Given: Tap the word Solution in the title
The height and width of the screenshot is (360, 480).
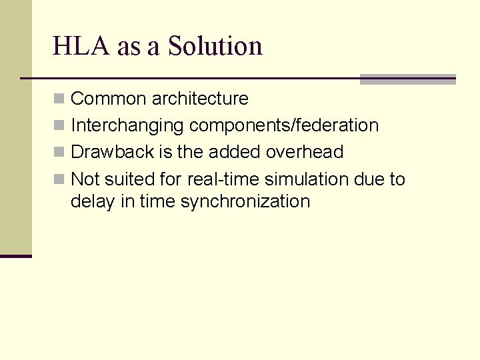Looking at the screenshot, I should (215, 46).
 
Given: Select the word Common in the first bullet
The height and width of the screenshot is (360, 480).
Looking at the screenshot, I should (108, 99).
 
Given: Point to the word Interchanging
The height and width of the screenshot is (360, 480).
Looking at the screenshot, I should (127, 125).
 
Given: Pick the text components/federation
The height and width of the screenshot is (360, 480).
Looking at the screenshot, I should (284, 125).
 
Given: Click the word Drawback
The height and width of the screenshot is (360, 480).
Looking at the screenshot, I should (112, 152).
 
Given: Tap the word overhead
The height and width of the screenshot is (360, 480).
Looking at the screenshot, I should (305, 152).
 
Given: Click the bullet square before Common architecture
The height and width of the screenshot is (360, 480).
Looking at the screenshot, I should (59, 99).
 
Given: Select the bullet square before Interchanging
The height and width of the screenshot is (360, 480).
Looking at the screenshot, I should (59, 126).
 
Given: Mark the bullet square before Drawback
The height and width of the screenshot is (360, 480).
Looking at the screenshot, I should (59, 153).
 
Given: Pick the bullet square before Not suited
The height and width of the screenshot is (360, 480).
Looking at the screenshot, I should (59, 180).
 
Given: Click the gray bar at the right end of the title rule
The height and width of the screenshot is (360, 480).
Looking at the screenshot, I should (407, 79).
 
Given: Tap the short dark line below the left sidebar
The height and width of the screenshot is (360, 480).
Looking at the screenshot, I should (16, 256).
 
